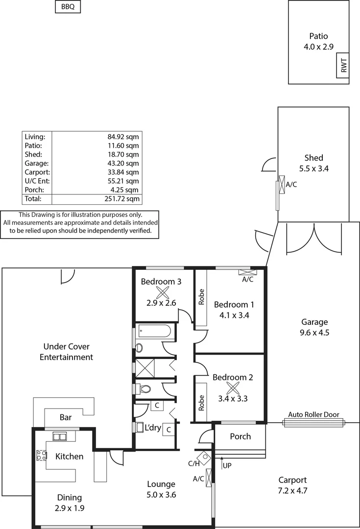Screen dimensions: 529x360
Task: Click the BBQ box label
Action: pos(68,7)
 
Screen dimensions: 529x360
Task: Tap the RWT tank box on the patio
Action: pos(343,66)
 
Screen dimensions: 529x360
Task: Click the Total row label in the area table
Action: pos(33,199)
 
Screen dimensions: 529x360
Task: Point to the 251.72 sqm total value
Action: pos(123,199)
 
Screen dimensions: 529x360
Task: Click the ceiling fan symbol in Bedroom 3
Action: pos(162,293)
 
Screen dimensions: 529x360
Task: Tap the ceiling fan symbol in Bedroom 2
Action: pos(233,387)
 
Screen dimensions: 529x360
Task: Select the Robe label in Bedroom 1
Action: pos(201,297)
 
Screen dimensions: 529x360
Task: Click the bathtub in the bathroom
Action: pos(154,332)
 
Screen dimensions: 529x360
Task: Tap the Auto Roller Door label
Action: pos(313,414)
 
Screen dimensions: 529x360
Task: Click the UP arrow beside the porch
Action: pos(223,464)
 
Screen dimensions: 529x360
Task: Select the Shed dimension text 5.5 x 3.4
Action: pos(313,168)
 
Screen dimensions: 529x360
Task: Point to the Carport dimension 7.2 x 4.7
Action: pos(293,490)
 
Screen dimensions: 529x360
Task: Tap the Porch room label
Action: pos(240,436)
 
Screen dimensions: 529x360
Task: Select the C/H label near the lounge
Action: pos(194,463)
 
